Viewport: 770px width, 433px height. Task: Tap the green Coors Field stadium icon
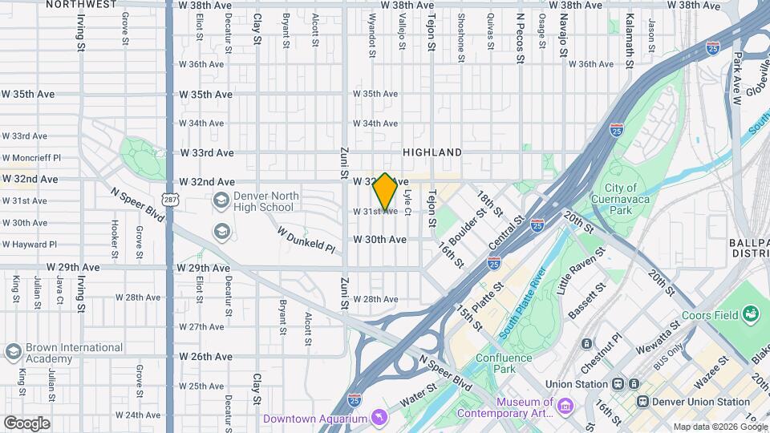pos(752,313)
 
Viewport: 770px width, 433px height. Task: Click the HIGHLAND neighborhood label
pos(432,152)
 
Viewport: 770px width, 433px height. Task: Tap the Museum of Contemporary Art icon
pos(566,407)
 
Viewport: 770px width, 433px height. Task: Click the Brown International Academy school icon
pos(13,352)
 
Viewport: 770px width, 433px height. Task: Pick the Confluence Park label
pos(504,363)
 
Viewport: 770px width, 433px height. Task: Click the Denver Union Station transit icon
pos(642,401)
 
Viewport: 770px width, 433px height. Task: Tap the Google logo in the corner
pos(27,423)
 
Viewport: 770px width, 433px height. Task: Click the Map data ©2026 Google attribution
pos(719,427)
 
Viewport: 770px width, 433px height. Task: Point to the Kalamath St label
pos(630,30)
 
